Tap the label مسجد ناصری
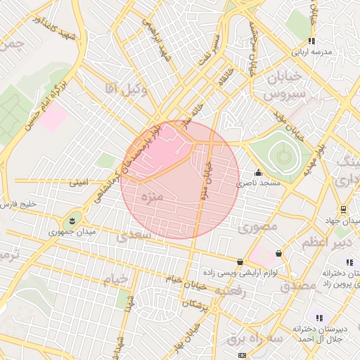pos(258,183)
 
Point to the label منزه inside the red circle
pos(151,196)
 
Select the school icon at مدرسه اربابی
pos(311,41)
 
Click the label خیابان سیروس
pos(285,84)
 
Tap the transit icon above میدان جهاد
pos(342,209)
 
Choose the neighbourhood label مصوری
pos(258,227)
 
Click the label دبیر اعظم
pos(326,243)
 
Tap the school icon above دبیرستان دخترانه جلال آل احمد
pos(319,318)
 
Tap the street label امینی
pos(79,183)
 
